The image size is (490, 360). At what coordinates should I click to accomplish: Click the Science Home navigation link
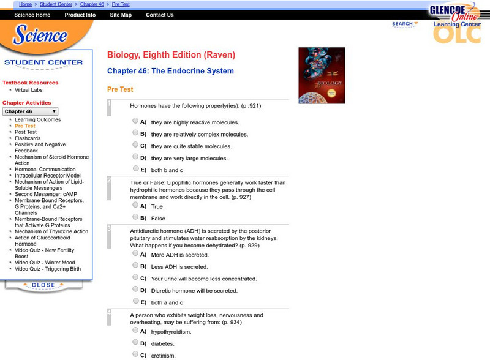pyautogui.click(x=32, y=15)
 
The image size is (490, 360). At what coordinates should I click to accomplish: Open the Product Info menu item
pyautogui.click(x=80, y=15)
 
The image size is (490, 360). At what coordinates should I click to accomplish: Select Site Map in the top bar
pyautogui.click(x=121, y=15)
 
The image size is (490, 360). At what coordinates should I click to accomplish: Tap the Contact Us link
pyautogui.click(x=160, y=15)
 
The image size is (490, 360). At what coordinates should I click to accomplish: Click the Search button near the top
pyautogui.click(x=404, y=24)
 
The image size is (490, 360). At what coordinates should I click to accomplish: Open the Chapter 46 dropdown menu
pyautogui.click(x=31, y=111)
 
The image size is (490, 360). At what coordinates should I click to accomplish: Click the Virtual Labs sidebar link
pyautogui.click(x=29, y=90)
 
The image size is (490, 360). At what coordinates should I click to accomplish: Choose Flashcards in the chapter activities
pyautogui.click(x=29, y=138)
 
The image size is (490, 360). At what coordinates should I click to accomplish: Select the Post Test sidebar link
pyautogui.click(x=26, y=132)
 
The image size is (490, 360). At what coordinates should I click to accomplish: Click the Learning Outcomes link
pyautogui.click(x=38, y=120)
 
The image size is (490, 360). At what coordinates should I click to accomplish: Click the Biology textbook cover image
pyautogui.click(x=322, y=75)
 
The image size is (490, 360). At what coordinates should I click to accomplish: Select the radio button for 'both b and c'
pyautogui.click(x=135, y=169)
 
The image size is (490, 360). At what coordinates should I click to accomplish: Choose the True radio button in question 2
pyautogui.click(x=135, y=205)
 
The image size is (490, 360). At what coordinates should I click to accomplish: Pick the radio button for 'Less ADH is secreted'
pyautogui.click(x=135, y=265)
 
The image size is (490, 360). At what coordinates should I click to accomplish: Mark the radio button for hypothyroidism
pyautogui.click(x=135, y=330)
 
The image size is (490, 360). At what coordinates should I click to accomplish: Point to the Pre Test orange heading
pyautogui.click(x=120, y=89)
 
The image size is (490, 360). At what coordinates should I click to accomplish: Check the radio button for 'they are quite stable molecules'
pyautogui.click(x=135, y=145)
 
